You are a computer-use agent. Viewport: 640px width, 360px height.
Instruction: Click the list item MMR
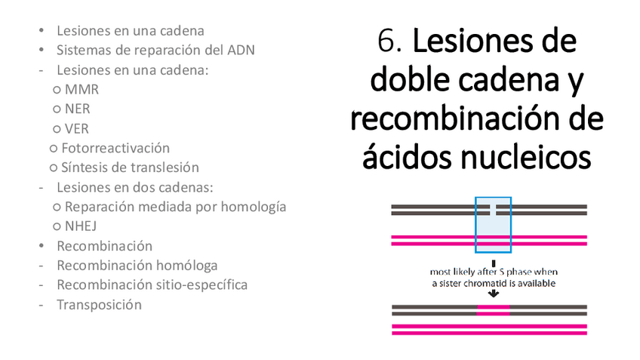[x=82, y=90]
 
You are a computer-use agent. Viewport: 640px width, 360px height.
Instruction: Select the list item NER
[x=78, y=109]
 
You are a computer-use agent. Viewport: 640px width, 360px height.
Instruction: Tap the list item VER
[x=77, y=129]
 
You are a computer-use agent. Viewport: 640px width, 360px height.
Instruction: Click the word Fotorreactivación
[x=115, y=148]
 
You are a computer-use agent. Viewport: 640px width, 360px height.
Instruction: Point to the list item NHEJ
[x=81, y=226]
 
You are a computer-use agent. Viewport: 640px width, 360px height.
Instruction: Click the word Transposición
[x=99, y=305]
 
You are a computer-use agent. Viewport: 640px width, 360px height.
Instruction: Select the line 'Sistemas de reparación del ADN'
[x=155, y=51]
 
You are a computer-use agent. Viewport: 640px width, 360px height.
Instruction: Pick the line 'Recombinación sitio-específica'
[x=152, y=285]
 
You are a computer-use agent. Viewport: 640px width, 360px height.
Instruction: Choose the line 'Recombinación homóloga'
[x=137, y=266]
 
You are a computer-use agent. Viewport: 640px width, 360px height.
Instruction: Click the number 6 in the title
[x=387, y=42]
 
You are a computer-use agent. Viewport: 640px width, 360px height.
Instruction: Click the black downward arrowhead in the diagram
[x=493, y=294]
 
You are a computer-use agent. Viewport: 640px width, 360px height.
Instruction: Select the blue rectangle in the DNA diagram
[x=493, y=225]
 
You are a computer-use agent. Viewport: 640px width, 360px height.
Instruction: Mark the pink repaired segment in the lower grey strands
[x=493, y=309]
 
